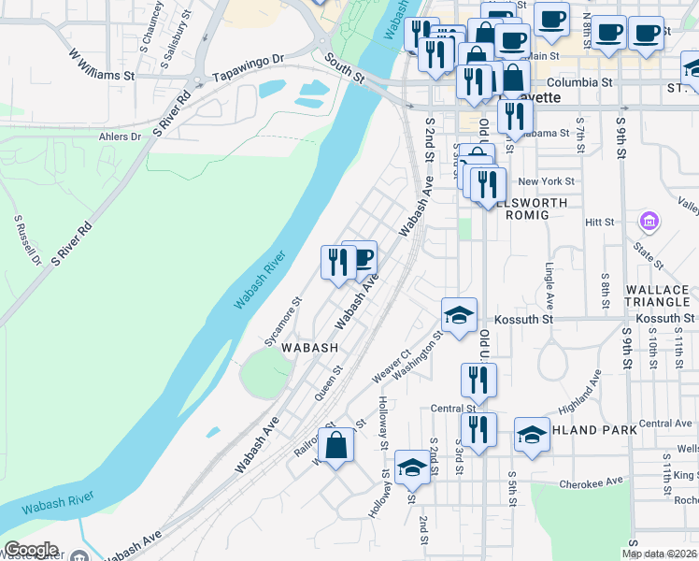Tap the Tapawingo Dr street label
coord(248,68)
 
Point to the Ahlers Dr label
coord(120,137)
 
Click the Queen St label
coord(329,382)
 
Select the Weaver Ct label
coord(391,366)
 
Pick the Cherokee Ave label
coord(591,482)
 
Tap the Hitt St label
coord(599,223)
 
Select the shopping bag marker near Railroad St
coord(337,445)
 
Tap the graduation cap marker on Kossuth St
coord(460,316)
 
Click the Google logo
coord(31,550)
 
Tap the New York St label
coord(546,181)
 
